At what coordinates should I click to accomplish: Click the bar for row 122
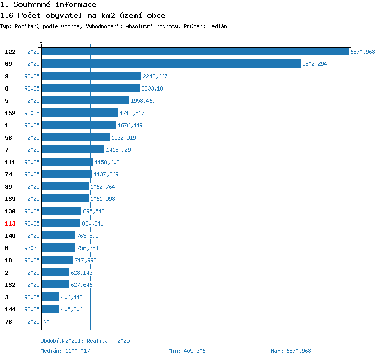coord(195,52)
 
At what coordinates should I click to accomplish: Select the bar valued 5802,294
coord(171,64)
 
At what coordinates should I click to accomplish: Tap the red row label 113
coord(10,223)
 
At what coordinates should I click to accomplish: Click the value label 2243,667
coord(155,76)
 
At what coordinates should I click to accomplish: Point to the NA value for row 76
coord(46,322)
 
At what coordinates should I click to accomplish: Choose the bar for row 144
coord(51,309)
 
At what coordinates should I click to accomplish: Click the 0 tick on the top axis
coord(41,41)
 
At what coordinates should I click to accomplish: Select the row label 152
coord(10,113)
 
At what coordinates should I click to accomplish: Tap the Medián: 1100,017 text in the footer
coord(65,351)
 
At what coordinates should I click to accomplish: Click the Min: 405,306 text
coord(187,351)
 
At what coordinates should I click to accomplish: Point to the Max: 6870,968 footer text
coord(291,351)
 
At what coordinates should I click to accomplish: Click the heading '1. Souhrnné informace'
coord(48,5)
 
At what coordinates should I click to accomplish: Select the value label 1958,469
coord(143,101)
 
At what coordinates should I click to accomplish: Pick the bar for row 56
coord(76,138)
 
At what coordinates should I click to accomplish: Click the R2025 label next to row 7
coord(32,150)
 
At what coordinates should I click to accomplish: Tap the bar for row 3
coord(51,297)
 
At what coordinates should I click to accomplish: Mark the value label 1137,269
coord(105,174)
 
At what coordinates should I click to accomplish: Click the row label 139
coord(10,199)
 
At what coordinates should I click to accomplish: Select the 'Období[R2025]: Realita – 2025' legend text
coord(85,341)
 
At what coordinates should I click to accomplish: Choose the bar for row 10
coord(58,260)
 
